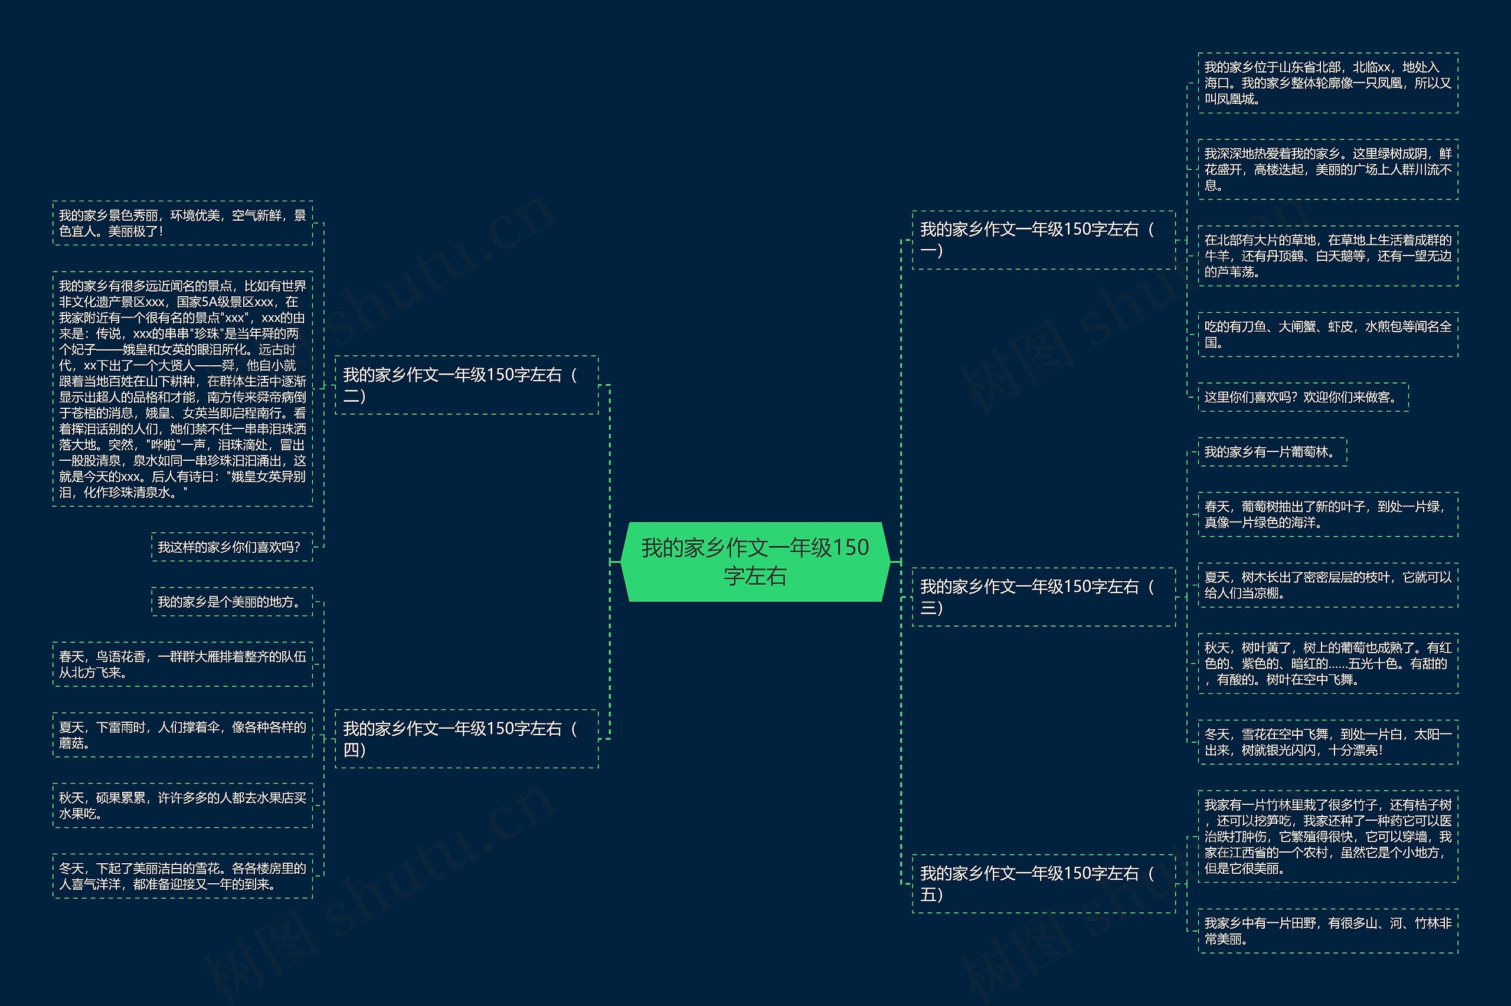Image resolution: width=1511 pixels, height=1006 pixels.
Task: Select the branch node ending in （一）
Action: pyautogui.click(x=1044, y=240)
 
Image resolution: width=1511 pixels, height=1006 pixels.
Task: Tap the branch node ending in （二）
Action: pyautogui.click(x=466, y=384)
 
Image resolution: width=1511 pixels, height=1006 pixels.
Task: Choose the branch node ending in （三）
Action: pyautogui.click(x=1044, y=597)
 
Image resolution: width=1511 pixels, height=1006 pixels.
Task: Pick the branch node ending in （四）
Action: pyautogui.click(x=466, y=739)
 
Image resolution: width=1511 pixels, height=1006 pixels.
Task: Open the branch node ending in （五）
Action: pyautogui.click(x=1044, y=883)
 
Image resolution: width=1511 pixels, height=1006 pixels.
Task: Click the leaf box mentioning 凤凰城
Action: pyautogui.click(x=1327, y=83)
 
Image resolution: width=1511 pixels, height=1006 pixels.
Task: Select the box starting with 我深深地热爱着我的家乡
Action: pyautogui.click(x=1327, y=169)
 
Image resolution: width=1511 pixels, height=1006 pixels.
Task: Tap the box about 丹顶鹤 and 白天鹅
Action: pyautogui.click(x=1327, y=256)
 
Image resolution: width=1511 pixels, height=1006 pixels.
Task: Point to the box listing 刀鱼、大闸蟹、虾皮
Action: pyautogui.click(x=1327, y=335)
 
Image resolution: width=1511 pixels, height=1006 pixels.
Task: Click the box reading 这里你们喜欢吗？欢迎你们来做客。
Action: pyautogui.click(x=1303, y=397)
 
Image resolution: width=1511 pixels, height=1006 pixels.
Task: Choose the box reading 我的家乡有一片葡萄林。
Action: pyautogui.click(x=1272, y=452)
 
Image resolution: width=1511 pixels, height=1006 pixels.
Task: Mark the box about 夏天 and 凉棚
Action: pyautogui.click(x=1327, y=585)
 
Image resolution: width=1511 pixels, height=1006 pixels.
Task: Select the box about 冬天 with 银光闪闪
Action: pyautogui.click(x=1327, y=742)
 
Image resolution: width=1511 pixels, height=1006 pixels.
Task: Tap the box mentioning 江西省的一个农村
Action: pyautogui.click(x=1327, y=836)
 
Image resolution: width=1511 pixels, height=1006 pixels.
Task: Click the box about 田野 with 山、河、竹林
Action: pyautogui.click(x=1327, y=931)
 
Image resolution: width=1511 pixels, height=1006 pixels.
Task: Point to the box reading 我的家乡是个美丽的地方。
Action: pyautogui.click(x=231, y=602)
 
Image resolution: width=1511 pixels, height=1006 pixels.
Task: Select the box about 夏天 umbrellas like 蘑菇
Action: pyautogui.click(x=182, y=735)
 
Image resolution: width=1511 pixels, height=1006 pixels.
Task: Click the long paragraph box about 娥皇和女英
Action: pyautogui.click(x=182, y=389)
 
